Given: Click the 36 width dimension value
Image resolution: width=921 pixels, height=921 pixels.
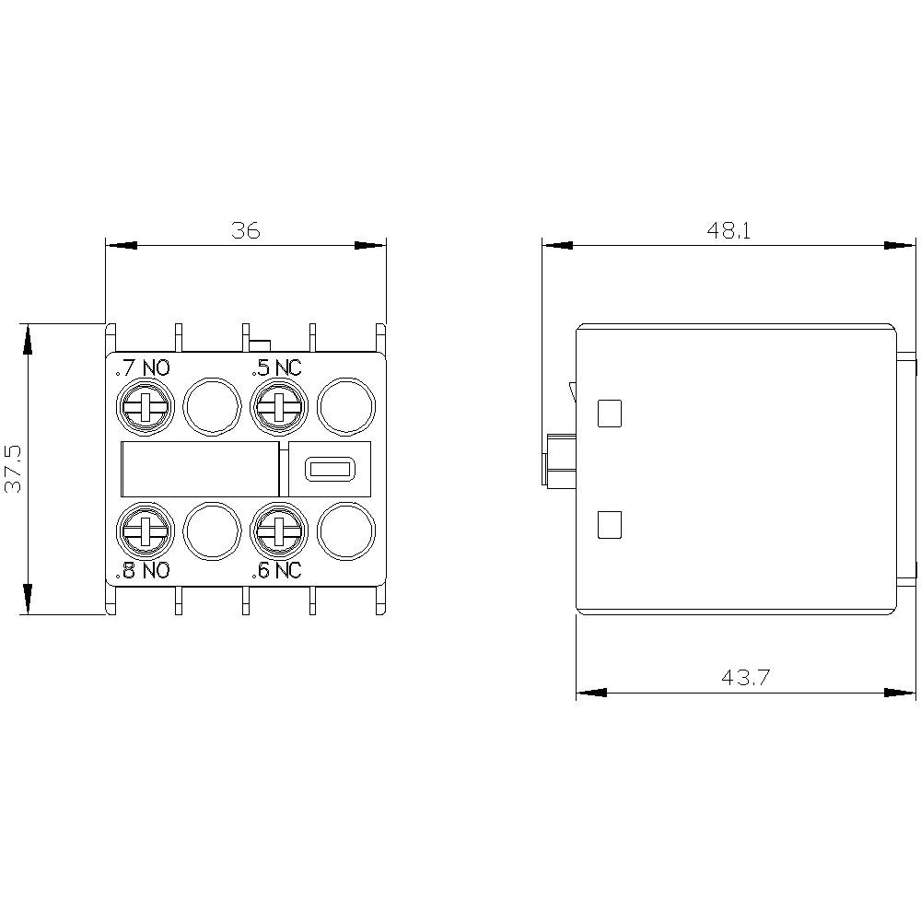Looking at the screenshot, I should click(245, 230).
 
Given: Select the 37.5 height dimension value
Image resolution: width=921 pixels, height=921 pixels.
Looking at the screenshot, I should click(14, 469).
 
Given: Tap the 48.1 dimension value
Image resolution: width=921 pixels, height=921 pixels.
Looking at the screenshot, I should click(729, 230).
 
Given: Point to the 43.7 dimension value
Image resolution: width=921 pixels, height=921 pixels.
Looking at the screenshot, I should click(745, 678).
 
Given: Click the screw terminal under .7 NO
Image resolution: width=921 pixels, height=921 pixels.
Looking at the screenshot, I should click(144, 406).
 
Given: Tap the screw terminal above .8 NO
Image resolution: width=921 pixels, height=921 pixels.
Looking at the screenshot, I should click(144, 530).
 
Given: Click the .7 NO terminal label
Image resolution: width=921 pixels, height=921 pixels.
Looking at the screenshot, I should click(143, 369).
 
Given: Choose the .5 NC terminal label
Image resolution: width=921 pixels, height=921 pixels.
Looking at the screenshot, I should click(277, 369).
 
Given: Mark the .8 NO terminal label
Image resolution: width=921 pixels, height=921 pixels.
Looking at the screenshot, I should click(143, 570).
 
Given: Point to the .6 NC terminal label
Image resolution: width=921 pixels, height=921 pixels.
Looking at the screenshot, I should click(277, 570).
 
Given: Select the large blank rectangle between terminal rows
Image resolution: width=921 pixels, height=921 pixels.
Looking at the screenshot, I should click(200, 470).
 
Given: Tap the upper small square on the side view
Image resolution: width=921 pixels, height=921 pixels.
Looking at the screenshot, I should click(610, 414).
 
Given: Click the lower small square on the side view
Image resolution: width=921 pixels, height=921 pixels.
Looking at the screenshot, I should click(610, 525).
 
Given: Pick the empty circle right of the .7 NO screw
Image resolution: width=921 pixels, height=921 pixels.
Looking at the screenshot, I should click(212, 406).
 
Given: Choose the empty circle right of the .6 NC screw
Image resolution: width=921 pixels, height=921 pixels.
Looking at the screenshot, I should click(346, 530).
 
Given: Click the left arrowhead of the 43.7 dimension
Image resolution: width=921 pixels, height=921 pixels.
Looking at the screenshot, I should click(590, 692).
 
